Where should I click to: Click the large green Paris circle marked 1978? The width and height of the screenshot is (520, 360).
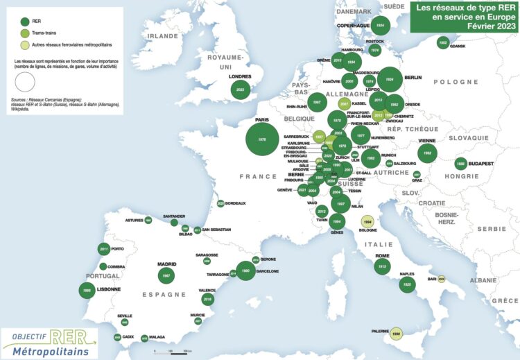262,139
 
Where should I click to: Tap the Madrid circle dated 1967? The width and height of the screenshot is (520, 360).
166,275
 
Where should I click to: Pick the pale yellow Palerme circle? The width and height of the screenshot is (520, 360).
396,334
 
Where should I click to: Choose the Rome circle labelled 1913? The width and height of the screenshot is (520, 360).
381,266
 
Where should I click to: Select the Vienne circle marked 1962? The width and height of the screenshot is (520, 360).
428,153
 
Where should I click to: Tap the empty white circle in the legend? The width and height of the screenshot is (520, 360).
25,82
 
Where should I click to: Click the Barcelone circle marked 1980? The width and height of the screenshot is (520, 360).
245,271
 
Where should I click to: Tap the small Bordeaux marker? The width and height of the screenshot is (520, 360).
220,203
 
